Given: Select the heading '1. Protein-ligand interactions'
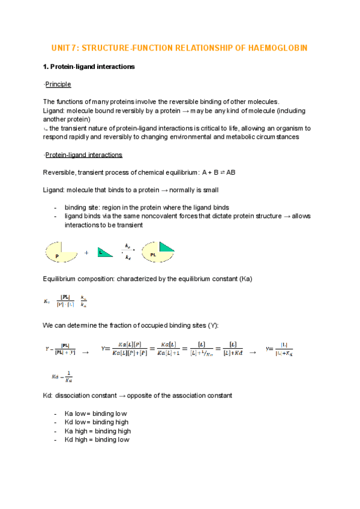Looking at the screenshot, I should (x=89, y=67).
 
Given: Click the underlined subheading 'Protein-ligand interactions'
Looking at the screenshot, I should (x=84, y=155).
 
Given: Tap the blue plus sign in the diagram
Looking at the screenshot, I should (x=86, y=253).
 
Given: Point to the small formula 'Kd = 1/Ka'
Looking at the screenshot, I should (x=62, y=377).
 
